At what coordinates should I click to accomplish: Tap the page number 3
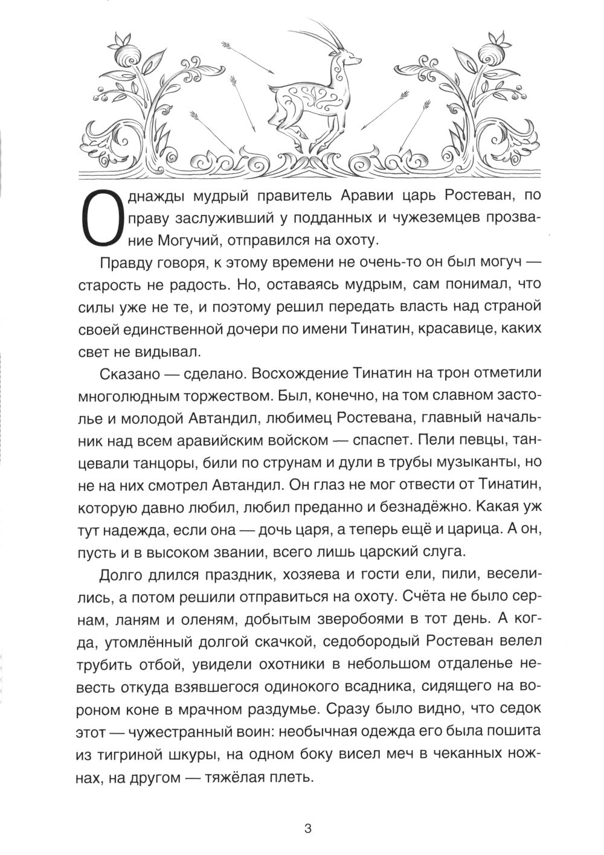[x=307, y=828]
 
